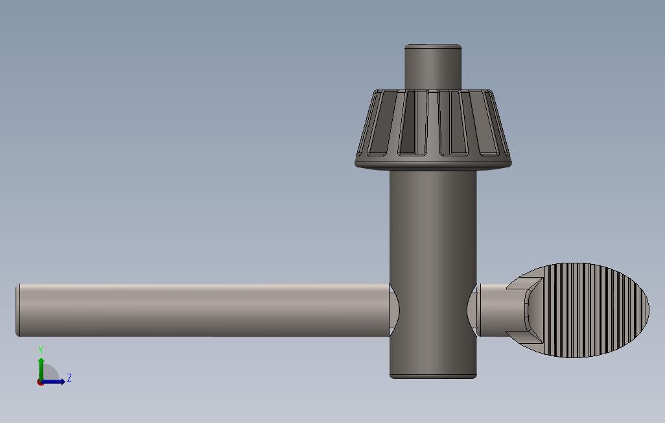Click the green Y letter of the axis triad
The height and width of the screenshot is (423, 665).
pos(41,350)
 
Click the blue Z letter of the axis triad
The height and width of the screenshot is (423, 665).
pos(69,378)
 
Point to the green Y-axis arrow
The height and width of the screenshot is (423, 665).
pos(41,366)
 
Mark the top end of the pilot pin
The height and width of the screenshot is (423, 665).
pos(433,46)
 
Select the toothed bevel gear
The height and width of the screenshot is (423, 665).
pos(433,127)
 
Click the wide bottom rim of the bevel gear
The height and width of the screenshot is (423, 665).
pos(433,162)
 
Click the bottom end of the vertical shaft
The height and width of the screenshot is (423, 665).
pos(433,376)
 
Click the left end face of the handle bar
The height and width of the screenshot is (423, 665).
pos(18,309)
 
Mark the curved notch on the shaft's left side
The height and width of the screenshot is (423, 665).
pos(394,310)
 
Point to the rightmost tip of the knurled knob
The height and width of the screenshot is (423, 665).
pos(647,310)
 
